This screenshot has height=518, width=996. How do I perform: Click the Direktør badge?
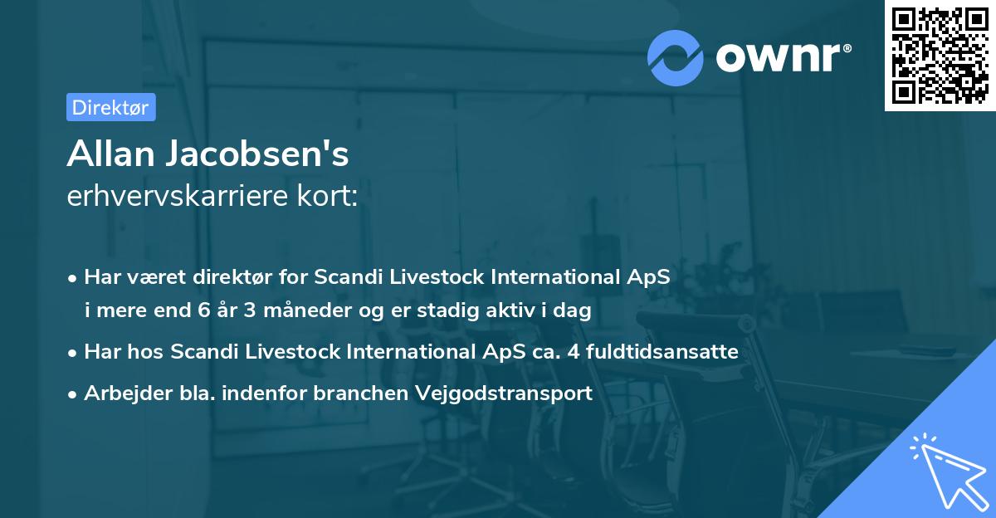click(x=110, y=107)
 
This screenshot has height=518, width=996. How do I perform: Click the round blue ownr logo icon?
click(x=676, y=57)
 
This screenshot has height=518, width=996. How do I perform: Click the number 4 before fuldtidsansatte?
click(x=573, y=352)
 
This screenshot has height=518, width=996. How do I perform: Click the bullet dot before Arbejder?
click(x=74, y=394)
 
